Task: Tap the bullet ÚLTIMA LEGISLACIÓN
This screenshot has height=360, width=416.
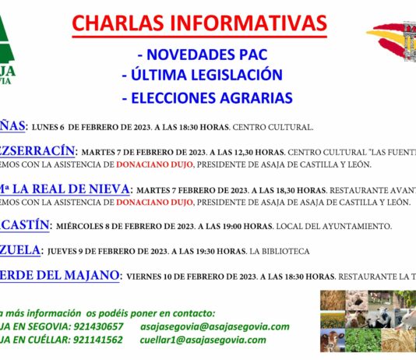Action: [202, 76]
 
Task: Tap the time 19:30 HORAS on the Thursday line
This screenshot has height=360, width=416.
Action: [227, 251]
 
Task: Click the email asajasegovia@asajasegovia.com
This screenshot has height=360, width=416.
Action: [215, 326]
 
